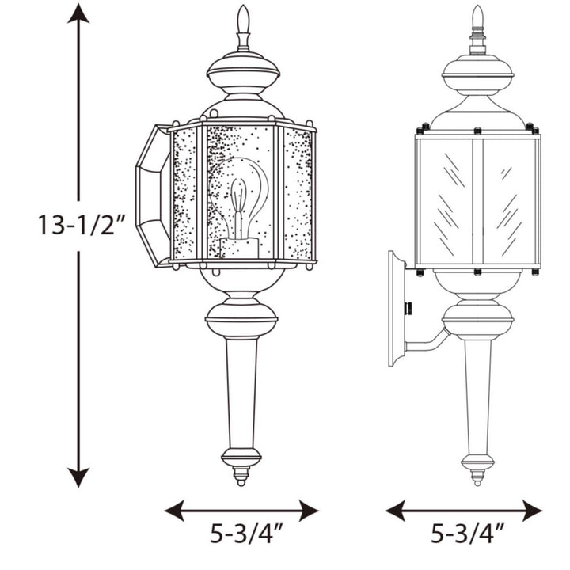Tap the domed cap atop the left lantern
point(243,73)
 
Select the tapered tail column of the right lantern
point(477,392)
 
